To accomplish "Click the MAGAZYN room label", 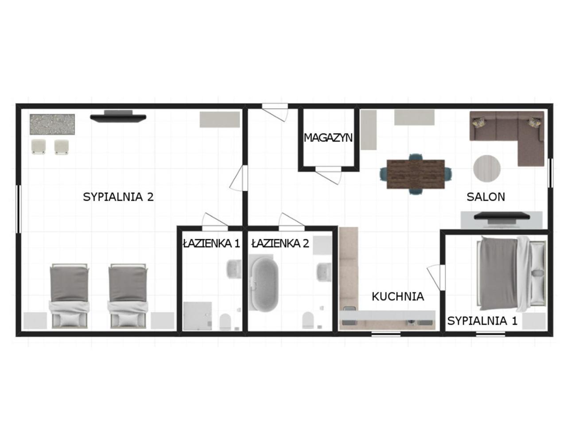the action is coord(328,138).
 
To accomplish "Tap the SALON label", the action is coord(486,197).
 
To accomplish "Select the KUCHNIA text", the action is coord(398,297).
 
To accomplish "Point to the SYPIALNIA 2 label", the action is coord(118,197).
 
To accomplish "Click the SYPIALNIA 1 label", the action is coord(482,321).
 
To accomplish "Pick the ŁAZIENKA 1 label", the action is coord(212,243).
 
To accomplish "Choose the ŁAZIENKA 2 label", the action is coord(280,243).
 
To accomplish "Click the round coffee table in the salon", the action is coord(487,169).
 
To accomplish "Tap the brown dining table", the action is coord(416,174).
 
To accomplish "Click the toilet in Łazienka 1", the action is coord(225,322).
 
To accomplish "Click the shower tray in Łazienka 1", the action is coord(198,316).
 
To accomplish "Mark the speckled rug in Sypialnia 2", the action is coord(52,124).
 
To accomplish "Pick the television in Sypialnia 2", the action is coord(118,116).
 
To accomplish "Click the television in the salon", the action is coord(501,216).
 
